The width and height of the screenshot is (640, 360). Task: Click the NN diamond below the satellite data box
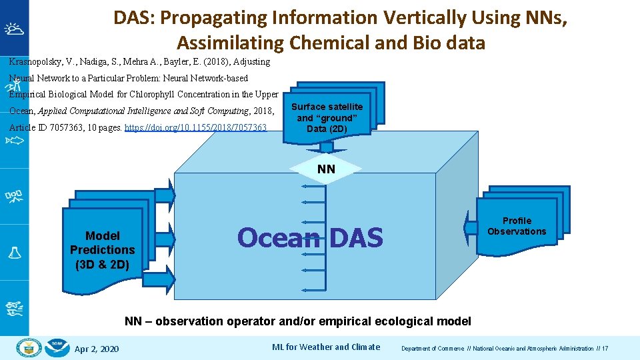326,169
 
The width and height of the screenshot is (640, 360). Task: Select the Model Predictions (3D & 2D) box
102,250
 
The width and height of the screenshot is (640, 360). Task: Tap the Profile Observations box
517,227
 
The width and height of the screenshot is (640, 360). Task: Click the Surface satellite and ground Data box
327,117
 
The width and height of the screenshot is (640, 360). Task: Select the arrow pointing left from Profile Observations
468,228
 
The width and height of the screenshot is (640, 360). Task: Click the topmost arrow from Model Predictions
167,194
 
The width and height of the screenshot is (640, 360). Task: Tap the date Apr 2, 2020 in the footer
97,349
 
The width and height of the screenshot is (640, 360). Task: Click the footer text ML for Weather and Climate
326,347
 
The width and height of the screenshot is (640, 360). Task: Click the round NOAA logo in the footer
58,347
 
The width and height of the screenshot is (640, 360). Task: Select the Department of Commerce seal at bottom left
29,347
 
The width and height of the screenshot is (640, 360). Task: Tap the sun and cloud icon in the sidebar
14,29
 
